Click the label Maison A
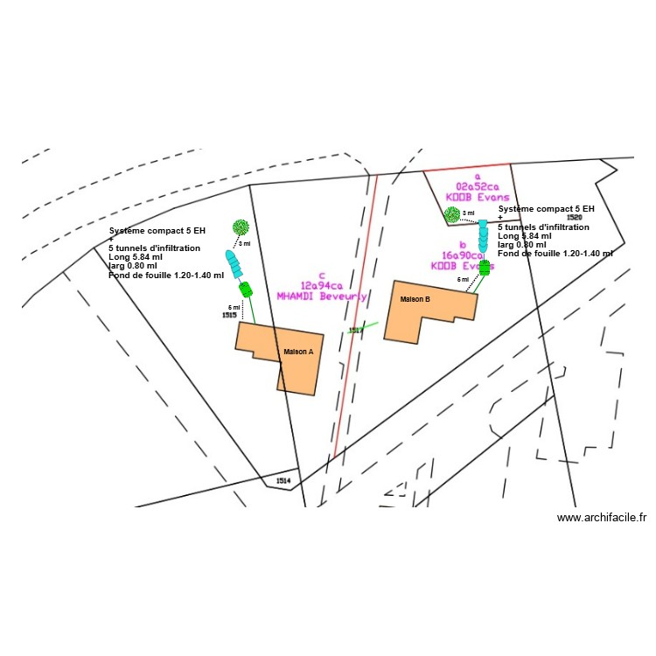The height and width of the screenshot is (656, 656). (297, 352)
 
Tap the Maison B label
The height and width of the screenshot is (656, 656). (415, 299)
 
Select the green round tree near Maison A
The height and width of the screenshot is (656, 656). (240, 227)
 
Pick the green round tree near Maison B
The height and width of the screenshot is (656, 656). (451, 213)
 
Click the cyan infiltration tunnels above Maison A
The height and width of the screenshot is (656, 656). (234, 263)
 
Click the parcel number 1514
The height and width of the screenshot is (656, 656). (283, 481)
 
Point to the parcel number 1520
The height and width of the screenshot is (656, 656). (574, 217)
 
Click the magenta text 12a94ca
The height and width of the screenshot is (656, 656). (322, 284)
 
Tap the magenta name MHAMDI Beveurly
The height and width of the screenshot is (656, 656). (321, 296)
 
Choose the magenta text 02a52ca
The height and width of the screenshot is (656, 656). (477, 186)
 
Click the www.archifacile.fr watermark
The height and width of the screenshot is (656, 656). (601, 518)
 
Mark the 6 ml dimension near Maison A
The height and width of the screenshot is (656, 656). (234, 308)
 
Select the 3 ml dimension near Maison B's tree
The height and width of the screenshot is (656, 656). (468, 213)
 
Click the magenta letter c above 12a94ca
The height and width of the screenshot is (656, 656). (323, 274)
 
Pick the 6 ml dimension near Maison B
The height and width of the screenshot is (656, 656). (463, 280)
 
